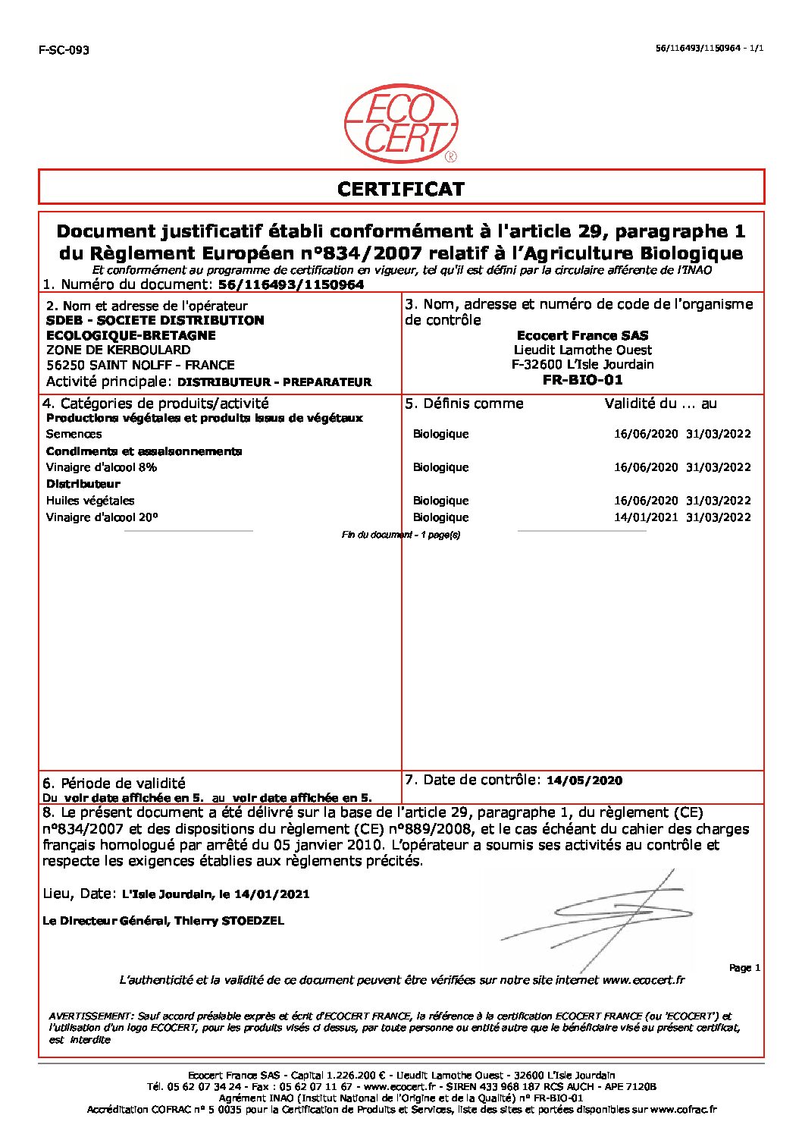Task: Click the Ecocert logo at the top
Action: point(401,124)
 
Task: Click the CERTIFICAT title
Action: point(401,189)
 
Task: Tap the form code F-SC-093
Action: point(64,50)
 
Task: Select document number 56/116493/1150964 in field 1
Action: point(290,285)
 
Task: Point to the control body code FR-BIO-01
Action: point(582,380)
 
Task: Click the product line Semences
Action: point(74,435)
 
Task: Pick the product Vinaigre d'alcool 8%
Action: point(102,467)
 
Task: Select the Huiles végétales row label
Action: point(90,501)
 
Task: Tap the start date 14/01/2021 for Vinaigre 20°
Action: point(645,517)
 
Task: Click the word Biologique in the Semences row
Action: point(440,435)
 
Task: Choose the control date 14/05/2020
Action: point(584,781)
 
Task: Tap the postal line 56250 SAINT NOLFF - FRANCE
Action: point(140,365)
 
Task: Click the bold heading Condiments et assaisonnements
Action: point(144,451)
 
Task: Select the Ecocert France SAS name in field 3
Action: point(582,335)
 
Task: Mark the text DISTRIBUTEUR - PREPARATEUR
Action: point(274,382)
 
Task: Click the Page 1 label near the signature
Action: point(744,968)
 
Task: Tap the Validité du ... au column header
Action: point(660,404)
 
